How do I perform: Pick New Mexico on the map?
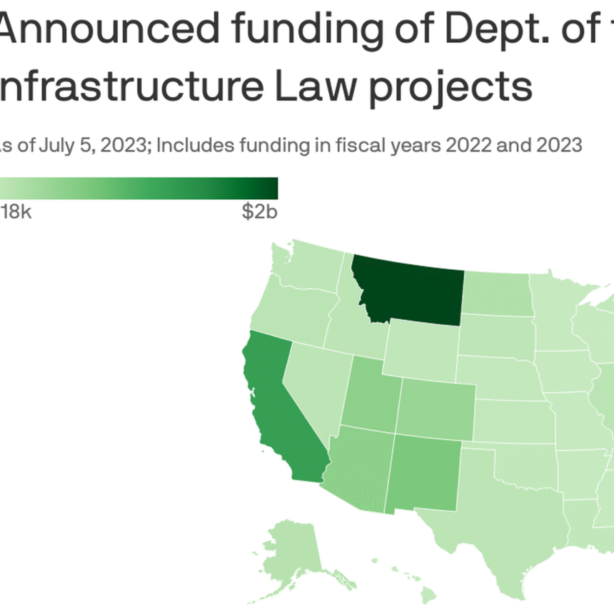[424, 472]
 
